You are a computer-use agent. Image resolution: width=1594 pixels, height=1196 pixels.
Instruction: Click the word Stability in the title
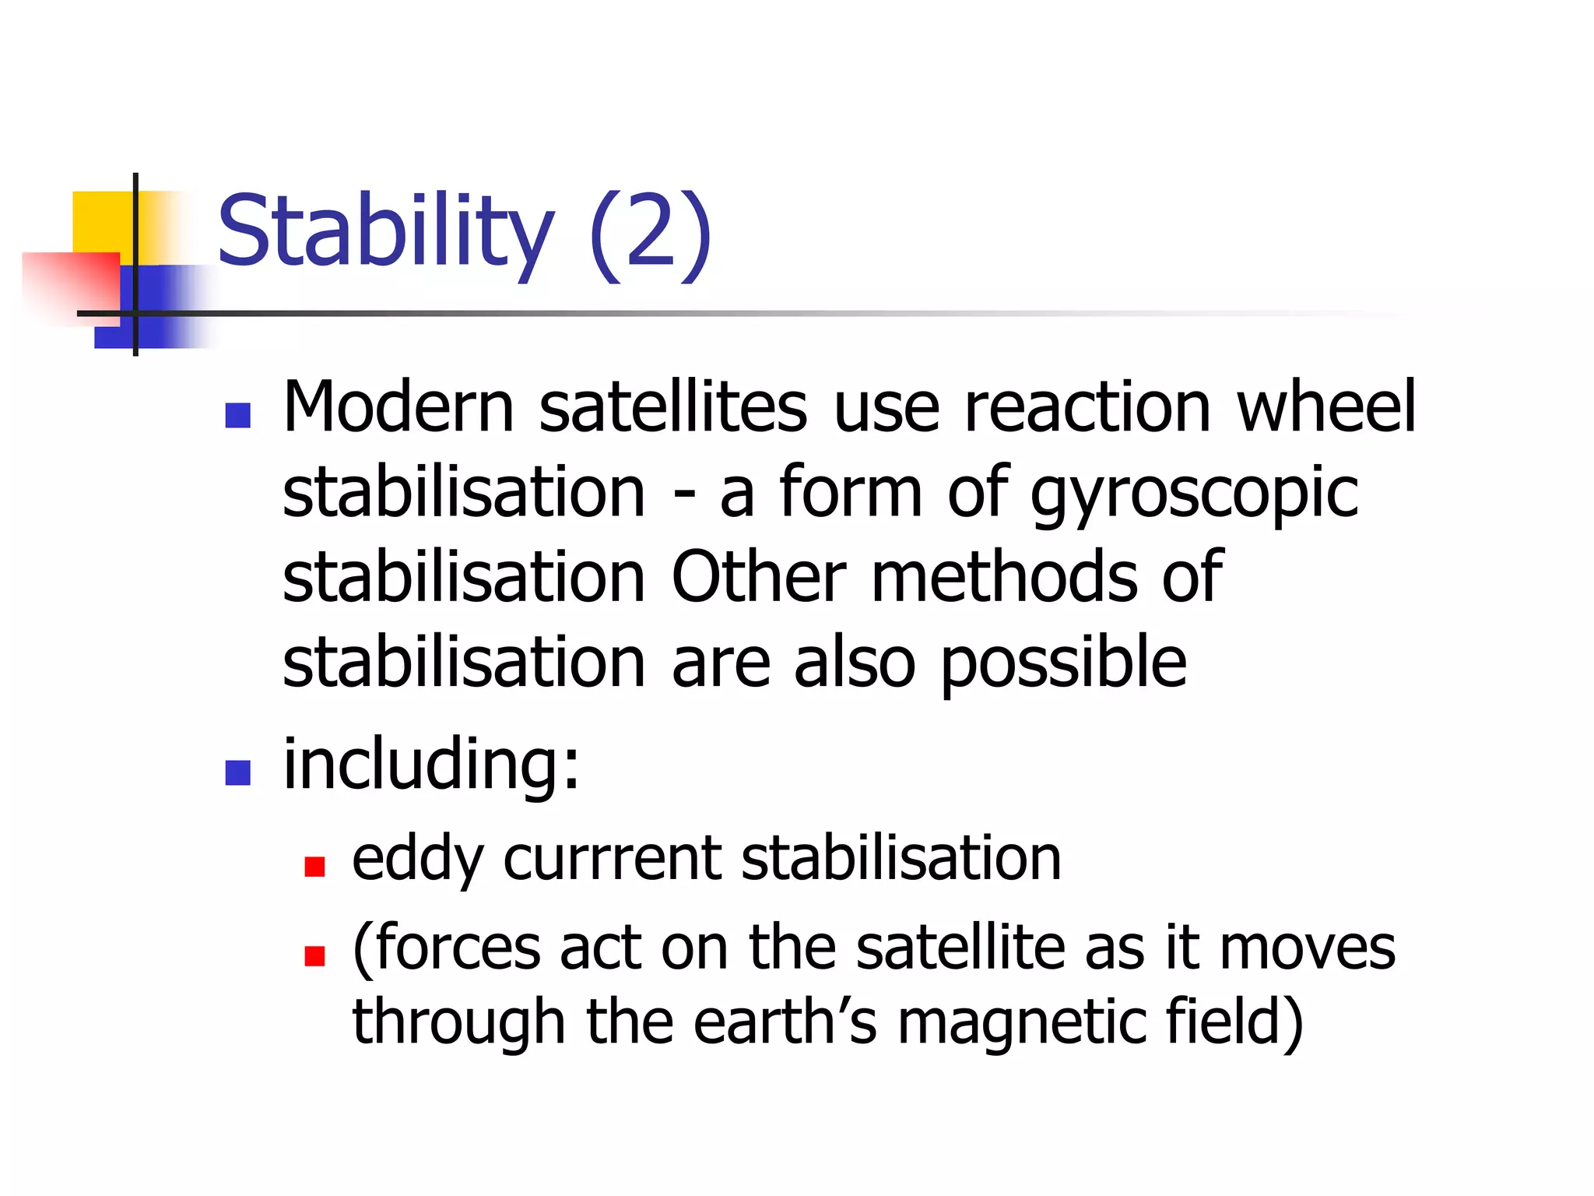385,231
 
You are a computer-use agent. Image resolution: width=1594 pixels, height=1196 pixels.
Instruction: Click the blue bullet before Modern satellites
237,415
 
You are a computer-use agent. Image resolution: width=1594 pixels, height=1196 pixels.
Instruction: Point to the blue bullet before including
237,772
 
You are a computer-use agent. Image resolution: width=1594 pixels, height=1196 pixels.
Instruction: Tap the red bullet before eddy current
314,866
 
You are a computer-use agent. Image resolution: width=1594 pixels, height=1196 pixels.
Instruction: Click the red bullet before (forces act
314,955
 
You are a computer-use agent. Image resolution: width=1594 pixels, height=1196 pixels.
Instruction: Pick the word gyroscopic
1194,495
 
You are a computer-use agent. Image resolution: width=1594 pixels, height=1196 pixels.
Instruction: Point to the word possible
1063,663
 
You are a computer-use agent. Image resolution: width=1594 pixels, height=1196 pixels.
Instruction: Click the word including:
431,765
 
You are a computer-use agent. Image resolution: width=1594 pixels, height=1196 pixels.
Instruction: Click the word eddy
418,859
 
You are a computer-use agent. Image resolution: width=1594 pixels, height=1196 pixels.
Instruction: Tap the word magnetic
1021,1022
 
